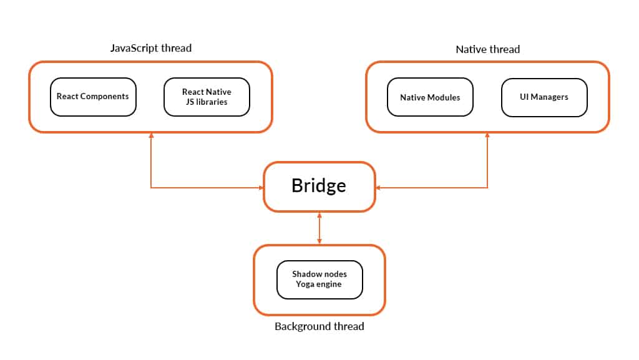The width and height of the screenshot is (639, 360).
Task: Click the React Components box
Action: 93,97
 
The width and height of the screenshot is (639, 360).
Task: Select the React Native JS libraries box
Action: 207,97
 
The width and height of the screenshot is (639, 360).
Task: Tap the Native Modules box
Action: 430,97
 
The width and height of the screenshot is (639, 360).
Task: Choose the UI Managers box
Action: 544,97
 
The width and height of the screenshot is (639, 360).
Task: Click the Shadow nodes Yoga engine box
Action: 319,279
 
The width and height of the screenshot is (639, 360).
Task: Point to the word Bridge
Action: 319,186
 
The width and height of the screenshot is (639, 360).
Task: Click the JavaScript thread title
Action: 150,48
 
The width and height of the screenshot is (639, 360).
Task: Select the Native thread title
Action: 487,49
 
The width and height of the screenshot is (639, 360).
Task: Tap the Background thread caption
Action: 319,326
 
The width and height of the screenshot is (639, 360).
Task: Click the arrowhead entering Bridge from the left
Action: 261,187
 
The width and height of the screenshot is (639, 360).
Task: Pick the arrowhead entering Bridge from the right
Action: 378,187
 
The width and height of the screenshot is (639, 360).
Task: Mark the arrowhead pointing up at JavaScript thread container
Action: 151,136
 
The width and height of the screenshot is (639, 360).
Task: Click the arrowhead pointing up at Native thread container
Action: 487,136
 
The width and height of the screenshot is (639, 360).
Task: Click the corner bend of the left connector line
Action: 151,187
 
